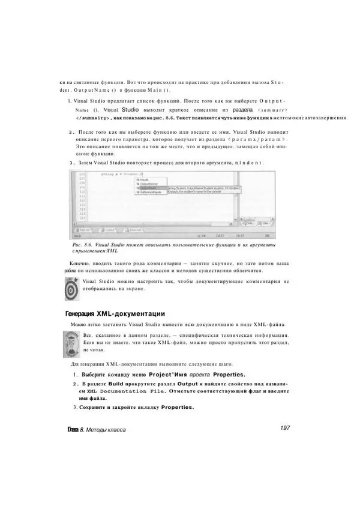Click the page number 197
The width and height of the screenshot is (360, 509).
[285, 428]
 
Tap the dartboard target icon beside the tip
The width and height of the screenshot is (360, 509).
[71, 286]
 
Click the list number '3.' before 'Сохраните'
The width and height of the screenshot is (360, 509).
[68, 408]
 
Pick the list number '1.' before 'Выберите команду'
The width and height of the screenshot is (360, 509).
[69, 375]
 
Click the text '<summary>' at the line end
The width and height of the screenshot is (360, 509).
[272, 110]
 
